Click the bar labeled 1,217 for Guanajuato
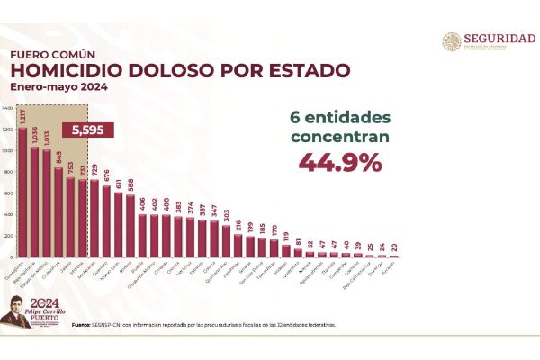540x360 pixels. click(x=22, y=193)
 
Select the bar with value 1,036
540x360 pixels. click(x=34, y=203)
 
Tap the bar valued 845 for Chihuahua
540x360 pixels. click(x=58, y=213)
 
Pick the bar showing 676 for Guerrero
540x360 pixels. click(x=106, y=221)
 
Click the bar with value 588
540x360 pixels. click(x=130, y=227)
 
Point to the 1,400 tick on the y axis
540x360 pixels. click(x=8, y=108)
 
